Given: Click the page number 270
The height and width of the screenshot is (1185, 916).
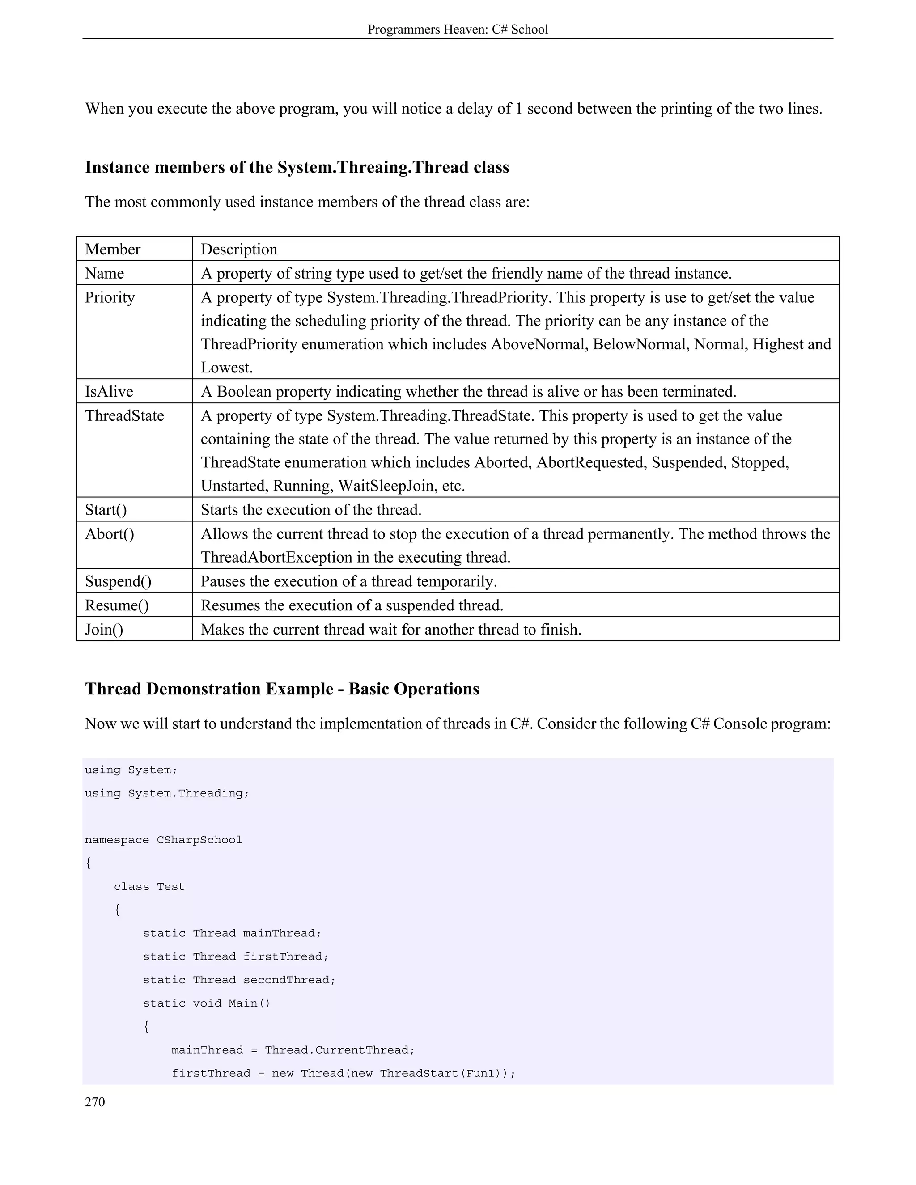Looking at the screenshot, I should pyautogui.click(x=95, y=1102).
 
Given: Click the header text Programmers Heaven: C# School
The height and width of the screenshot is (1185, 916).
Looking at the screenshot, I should pyautogui.click(x=458, y=30).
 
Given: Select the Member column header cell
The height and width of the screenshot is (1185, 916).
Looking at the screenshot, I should pyautogui.click(x=112, y=249).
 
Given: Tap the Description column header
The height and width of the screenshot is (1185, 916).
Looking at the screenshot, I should pyautogui.click(x=239, y=249).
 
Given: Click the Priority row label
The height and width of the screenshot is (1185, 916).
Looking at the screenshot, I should pyautogui.click(x=110, y=297).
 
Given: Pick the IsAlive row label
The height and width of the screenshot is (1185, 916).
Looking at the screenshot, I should pyautogui.click(x=109, y=391).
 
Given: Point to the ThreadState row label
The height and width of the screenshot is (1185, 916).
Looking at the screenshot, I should pyautogui.click(x=124, y=415).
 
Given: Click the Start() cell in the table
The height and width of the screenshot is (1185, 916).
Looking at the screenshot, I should pyautogui.click(x=106, y=509).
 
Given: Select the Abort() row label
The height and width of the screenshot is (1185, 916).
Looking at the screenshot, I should pyautogui.click(x=109, y=534).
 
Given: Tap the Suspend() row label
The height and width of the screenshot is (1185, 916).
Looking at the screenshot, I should pyautogui.click(x=118, y=581).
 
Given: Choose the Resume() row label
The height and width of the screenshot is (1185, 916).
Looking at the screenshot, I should pyautogui.click(x=117, y=605).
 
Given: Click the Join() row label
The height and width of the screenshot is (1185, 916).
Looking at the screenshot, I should pyautogui.click(x=104, y=630).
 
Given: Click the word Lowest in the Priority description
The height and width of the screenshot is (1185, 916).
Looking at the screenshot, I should pyautogui.click(x=226, y=367).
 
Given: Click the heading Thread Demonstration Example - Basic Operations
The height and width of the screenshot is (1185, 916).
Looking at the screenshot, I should pyautogui.click(x=282, y=689).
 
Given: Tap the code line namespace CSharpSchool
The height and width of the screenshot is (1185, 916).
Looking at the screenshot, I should pyautogui.click(x=163, y=840).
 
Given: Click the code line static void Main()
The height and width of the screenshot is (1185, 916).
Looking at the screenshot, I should pyautogui.click(x=206, y=1003).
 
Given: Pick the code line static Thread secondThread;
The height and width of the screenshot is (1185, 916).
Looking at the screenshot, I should pyautogui.click(x=239, y=980).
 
